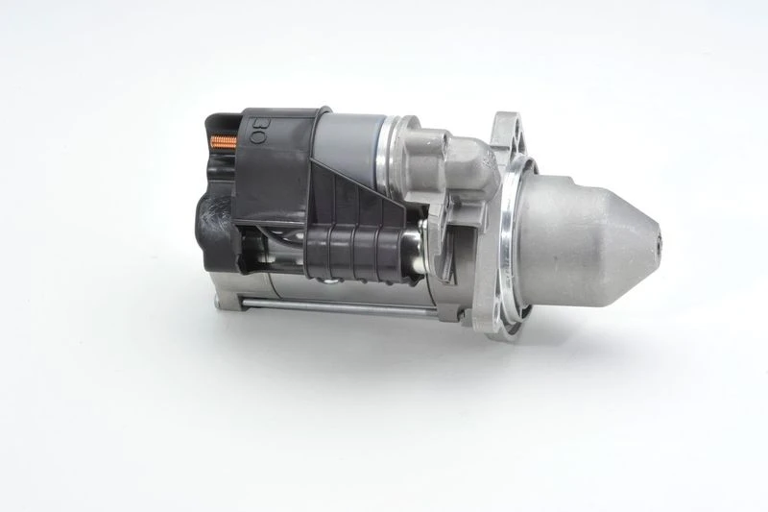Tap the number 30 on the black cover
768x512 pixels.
coord(257,130)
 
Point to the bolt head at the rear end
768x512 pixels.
coord(224,301)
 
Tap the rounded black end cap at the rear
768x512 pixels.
coord(213,231)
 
